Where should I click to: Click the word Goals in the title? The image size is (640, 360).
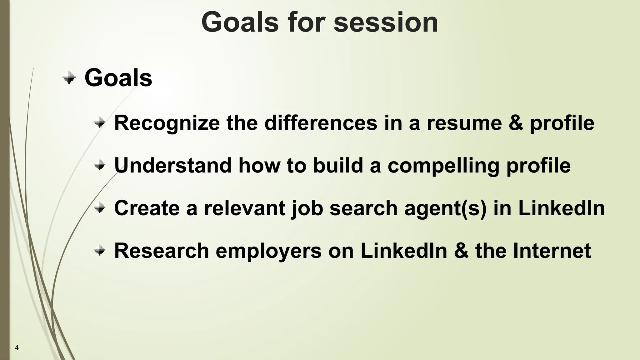pyautogui.click(x=240, y=22)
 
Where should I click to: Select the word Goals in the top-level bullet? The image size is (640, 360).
pyautogui.click(x=118, y=78)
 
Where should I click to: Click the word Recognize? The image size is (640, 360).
pyautogui.click(x=167, y=123)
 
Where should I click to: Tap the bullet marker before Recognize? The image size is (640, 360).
pyautogui.click(x=100, y=123)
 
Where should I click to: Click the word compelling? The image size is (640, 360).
pyautogui.click(x=443, y=166)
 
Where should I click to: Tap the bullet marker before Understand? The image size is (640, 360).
pyautogui.click(x=100, y=165)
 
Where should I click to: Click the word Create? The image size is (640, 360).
pyautogui.click(x=147, y=208)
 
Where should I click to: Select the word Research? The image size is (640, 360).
pyautogui.click(x=162, y=251)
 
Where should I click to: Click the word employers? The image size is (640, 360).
pyautogui.click(x=268, y=251)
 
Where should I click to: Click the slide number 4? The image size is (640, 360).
pyautogui.click(x=17, y=348)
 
